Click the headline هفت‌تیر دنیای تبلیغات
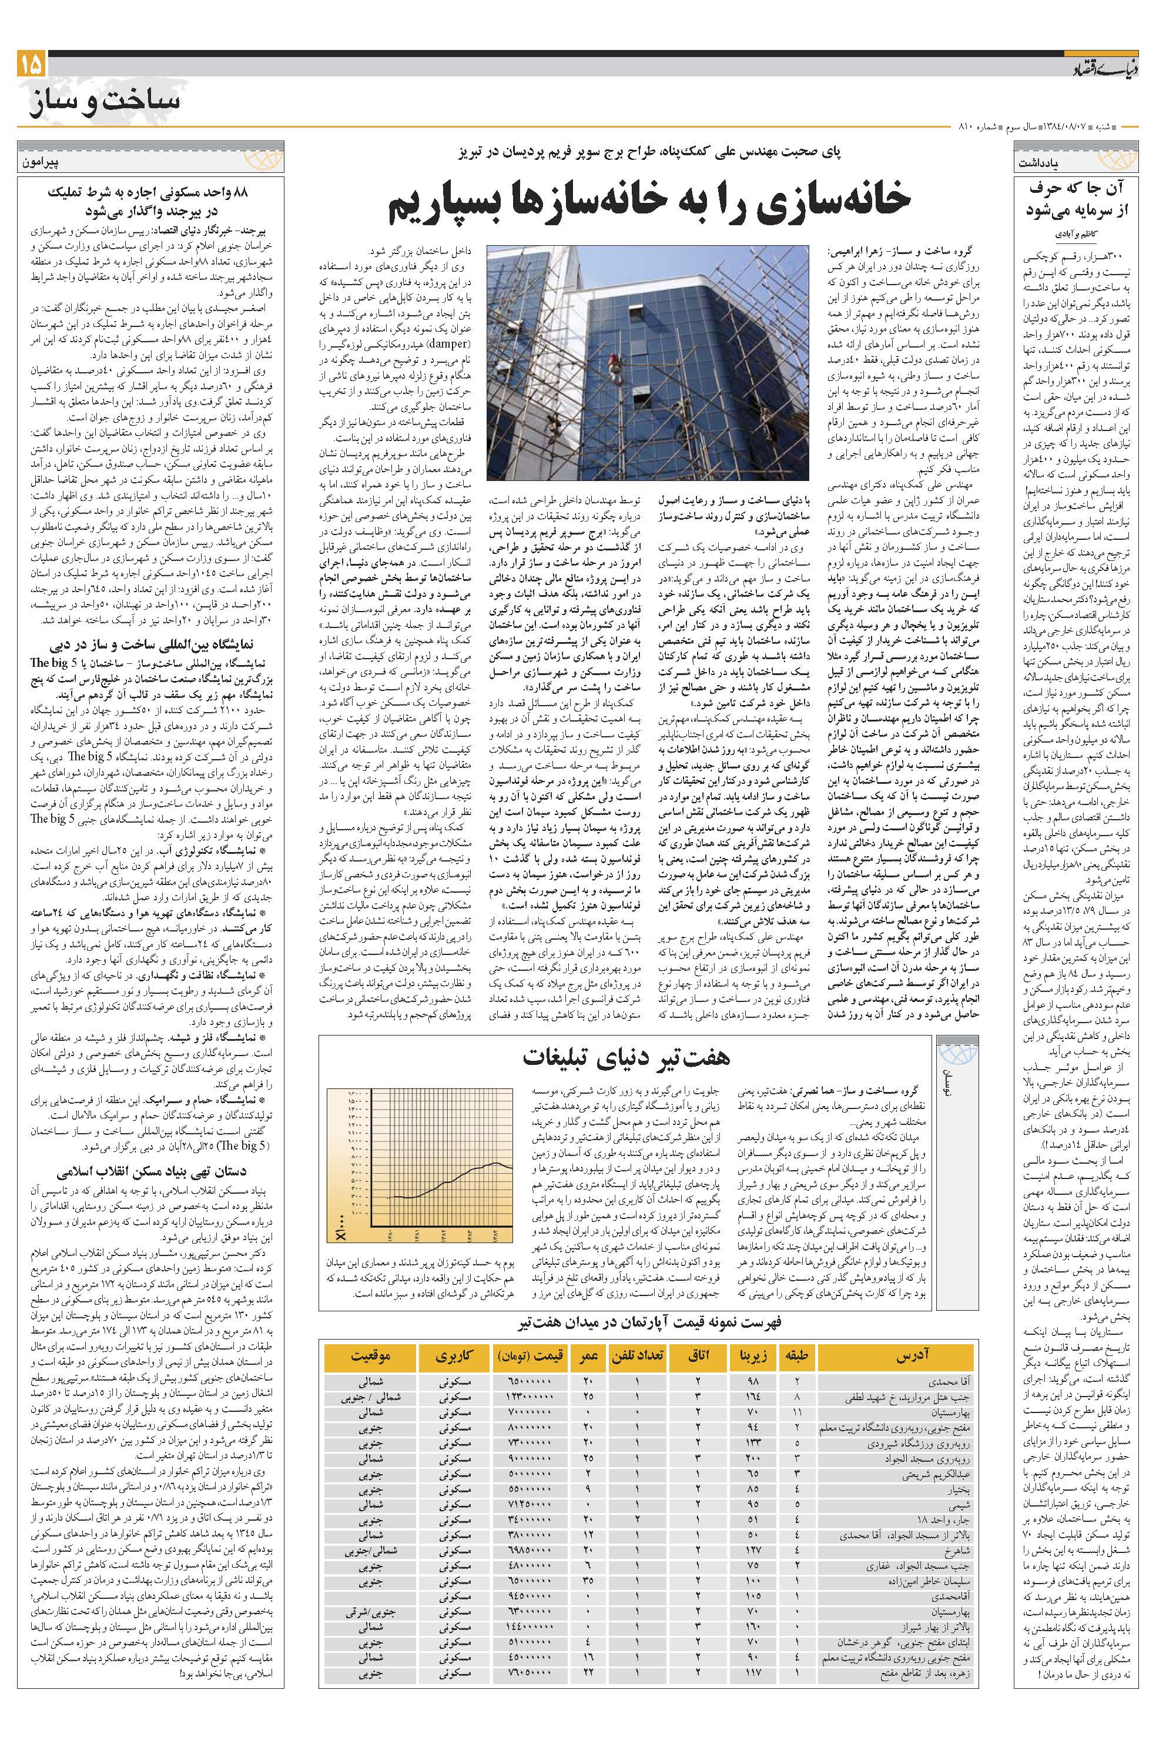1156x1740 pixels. tap(626, 1056)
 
